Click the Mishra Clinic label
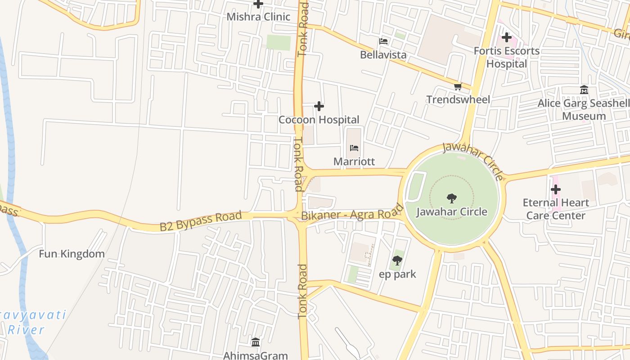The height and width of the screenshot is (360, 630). click(x=258, y=17)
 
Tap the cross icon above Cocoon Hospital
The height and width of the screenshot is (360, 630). click(x=319, y=106)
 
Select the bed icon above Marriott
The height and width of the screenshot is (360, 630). click(x=354, y=148)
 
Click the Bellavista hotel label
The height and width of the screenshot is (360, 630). click(x=383, y=55)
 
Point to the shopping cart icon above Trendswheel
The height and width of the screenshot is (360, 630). click(x=458, y=86)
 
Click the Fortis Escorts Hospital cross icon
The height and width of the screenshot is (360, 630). click(x=507, y=37)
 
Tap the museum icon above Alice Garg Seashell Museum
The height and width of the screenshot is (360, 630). click(x=584, y=90)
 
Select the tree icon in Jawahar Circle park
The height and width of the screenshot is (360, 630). click(x=452, y=198)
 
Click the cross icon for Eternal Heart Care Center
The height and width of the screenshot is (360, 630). click(x=556, y=189)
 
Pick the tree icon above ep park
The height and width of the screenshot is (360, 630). click(x=397, y=260)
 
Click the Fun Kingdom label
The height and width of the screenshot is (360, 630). click(x=72, y=254)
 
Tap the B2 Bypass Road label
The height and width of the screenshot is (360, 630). click(x=201, y=221)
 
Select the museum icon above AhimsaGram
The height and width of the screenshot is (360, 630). click(x=256, y=342)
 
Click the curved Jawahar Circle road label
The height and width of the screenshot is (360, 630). click(x=472, y=160)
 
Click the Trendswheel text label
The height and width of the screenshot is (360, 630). click(x=458, y=99)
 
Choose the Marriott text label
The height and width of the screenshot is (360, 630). click(x=354, y=162)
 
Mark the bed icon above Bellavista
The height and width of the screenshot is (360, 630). click(x=383, y=41)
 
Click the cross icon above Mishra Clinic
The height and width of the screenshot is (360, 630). click(x=258, y=4)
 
